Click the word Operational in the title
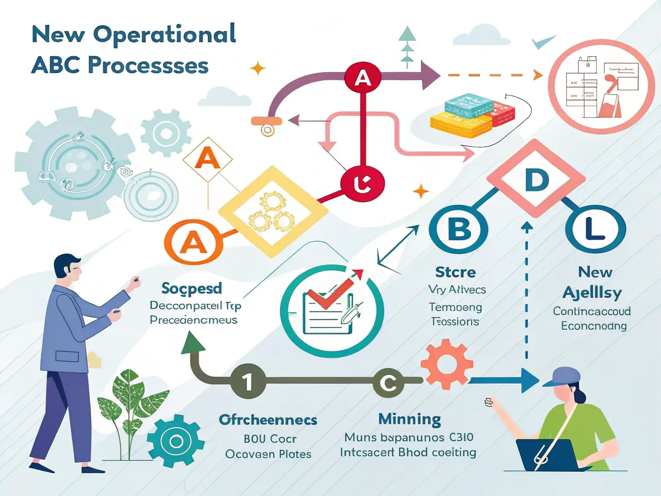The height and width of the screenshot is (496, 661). (164, 35)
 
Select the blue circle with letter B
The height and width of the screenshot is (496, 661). (458, 230)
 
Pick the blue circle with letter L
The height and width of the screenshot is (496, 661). (595, 230)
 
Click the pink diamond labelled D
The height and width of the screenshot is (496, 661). (536, 179)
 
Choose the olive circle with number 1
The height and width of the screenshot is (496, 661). (248, 382)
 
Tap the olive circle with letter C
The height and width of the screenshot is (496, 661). (388, 383)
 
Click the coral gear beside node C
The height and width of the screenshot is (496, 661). (446, 364)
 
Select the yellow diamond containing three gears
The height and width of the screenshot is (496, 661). (273, 211)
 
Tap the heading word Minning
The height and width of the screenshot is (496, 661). (409, 418)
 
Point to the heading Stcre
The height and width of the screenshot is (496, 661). (455, 272)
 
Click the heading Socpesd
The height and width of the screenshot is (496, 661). (191, 288)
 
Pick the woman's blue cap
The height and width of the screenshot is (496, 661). (563, 376)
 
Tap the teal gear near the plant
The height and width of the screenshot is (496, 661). (175, 441)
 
